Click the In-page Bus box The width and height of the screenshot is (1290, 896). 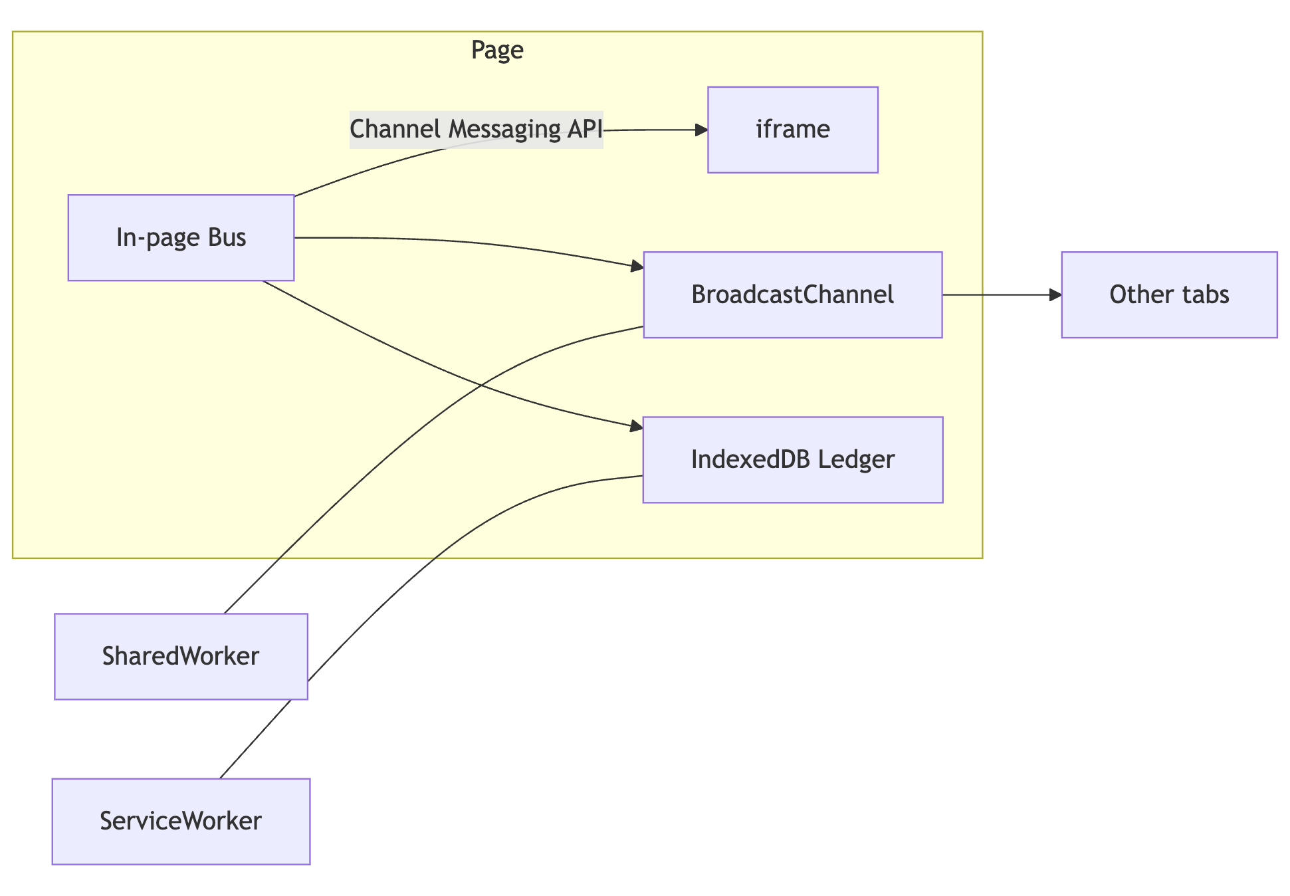coord(181,237)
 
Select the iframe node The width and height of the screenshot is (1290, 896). coord(792,130)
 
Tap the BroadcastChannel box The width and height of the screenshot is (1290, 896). coord(792,294)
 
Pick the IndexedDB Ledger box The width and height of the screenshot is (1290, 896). coord(792,459)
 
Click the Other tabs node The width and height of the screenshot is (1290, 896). coord(1168,294)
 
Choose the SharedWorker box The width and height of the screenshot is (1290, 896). coord(181,656)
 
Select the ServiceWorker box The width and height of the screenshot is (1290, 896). coord(181,821)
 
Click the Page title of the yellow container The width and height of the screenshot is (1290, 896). coord(497,50)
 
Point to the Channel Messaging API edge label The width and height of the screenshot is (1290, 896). coord(476,129)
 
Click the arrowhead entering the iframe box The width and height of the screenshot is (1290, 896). coord(702,130)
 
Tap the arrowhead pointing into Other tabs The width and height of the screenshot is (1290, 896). coord(1055,294)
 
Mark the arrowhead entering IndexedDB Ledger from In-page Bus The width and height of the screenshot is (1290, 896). coord(637,426)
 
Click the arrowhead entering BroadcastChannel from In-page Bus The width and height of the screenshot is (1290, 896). coord(637,267)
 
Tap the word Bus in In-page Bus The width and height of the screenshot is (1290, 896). coord(227,237)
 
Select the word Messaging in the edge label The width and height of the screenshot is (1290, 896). coord(504,129)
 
